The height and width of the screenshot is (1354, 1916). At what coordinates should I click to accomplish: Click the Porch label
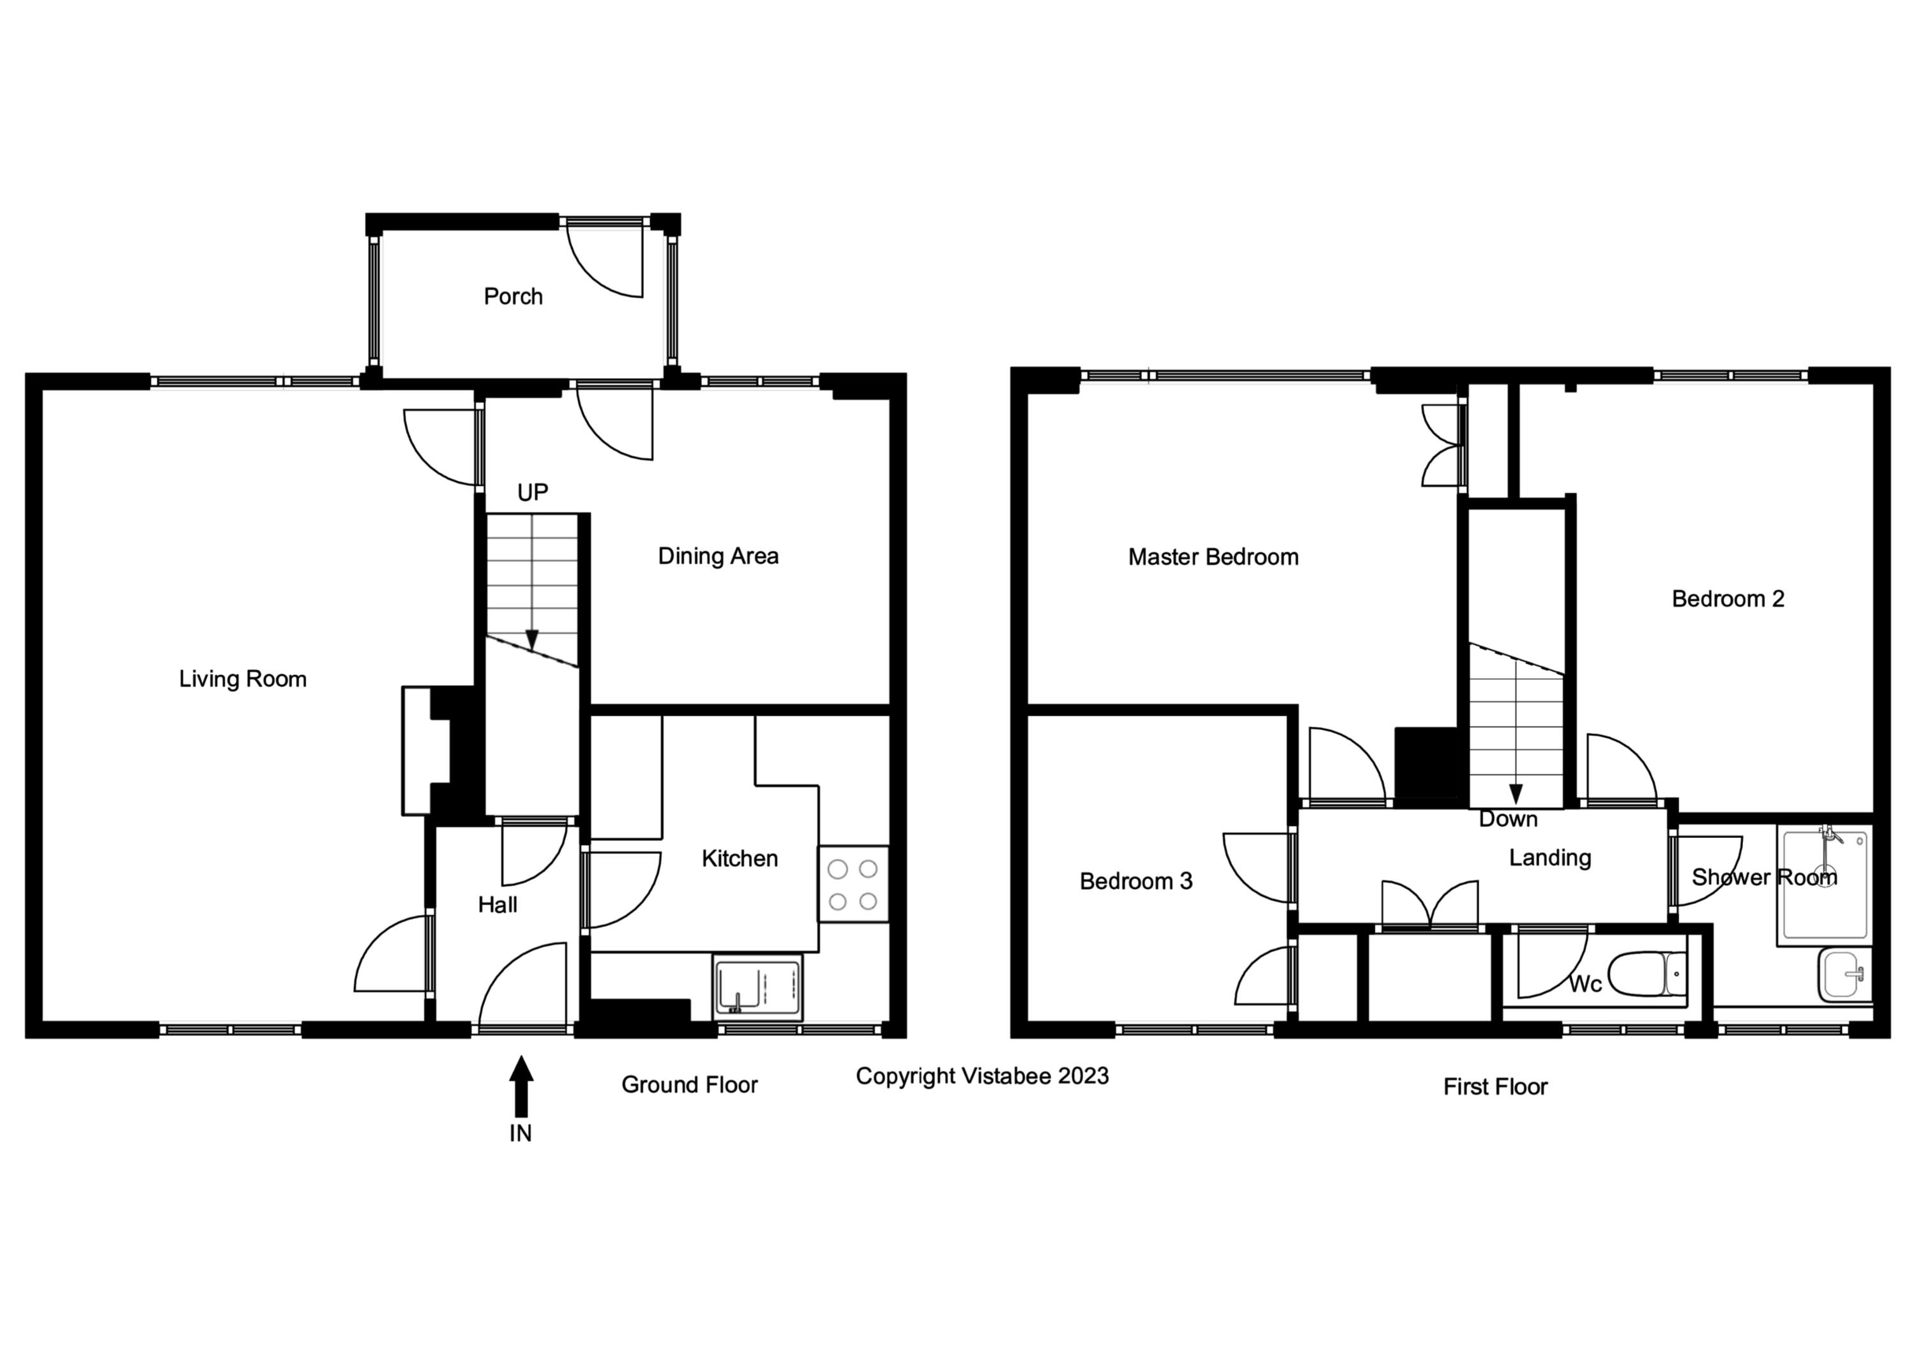(x=513, y=296)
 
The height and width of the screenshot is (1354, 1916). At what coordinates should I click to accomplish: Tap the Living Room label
(x=243, y=679)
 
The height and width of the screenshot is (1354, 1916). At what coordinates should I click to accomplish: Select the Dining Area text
(x=718, y=556)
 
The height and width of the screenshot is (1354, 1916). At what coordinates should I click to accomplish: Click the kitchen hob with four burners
(x=853, y=885)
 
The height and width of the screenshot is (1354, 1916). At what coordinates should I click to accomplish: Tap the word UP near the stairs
(x=533, y=492)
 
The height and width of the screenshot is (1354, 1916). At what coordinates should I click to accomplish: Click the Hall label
(x=498, y=905)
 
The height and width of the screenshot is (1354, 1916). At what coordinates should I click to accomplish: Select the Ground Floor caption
(x=689, y=1084)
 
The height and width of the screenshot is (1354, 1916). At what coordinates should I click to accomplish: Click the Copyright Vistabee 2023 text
(x=982, y=1076)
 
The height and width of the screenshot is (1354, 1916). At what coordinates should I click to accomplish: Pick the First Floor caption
(x=1495, y=1086)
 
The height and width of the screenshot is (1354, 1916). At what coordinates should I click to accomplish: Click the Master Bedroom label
(x=1213, y=558)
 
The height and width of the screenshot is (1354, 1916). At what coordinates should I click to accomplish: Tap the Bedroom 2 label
(x=1728, y=599)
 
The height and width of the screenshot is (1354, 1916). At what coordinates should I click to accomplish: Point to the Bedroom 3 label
(x=1136, y=881)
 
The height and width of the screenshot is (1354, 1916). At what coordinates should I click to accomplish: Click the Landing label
(x=1549, y=858)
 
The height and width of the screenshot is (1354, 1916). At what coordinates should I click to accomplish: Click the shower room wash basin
(x=1844, y=975)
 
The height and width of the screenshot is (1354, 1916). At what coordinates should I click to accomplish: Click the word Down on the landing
(x=1508, y=819)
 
